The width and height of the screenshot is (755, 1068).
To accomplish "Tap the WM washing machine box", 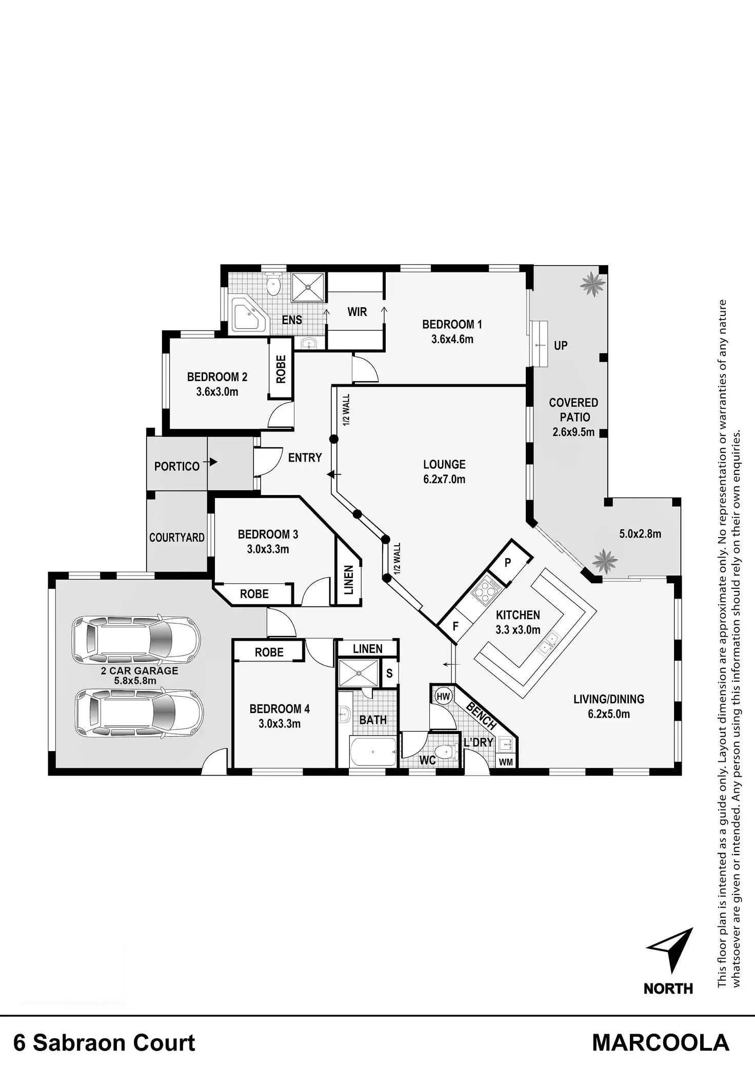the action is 506,762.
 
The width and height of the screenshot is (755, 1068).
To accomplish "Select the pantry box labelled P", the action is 508,563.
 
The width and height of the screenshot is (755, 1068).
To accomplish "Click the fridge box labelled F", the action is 455,626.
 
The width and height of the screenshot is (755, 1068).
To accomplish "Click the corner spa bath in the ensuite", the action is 248,317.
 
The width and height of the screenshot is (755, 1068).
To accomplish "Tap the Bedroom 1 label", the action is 452,324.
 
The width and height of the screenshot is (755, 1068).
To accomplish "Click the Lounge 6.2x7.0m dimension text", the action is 444,480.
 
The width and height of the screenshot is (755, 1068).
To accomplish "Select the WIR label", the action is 357,311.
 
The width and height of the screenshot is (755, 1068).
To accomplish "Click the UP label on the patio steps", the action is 561,345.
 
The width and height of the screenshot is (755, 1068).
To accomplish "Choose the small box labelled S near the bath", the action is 389,673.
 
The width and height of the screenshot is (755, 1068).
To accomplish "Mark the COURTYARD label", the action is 176,537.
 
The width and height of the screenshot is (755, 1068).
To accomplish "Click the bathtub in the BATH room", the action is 373,753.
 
